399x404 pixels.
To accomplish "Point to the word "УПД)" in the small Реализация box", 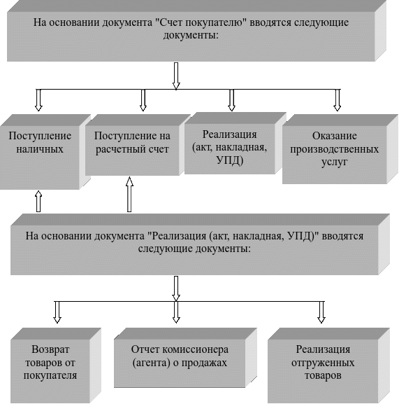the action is (230, 161).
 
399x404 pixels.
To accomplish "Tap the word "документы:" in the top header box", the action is (191, 35).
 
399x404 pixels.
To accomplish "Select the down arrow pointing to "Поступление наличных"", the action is (38, 100).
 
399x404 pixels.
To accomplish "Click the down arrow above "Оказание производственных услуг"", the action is (337, 100).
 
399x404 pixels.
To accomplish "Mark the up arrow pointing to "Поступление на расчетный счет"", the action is (129, 194).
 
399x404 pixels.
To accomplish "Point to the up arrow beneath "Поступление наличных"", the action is (38, 201).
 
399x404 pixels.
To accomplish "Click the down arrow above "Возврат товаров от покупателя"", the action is (57, 312).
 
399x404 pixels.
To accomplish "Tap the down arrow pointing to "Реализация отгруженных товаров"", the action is (321, 312).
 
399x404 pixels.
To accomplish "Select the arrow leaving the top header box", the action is (176, 76).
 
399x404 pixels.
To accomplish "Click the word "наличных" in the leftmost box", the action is (40, 149).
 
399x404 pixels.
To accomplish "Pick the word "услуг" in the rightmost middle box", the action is (335, 162).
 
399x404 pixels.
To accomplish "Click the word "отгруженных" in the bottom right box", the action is (323, 363).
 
